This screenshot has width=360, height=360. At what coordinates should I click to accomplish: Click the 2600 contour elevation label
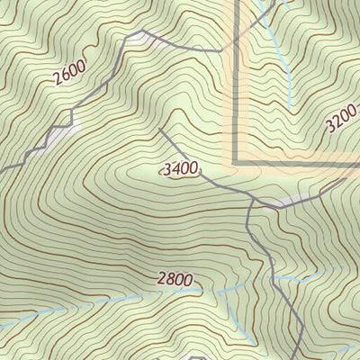(69, 72)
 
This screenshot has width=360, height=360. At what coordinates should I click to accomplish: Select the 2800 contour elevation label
(175, 280)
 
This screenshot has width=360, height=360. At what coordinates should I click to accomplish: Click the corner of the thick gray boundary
(236, 164)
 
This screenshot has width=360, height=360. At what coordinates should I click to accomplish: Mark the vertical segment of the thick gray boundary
(237, 90)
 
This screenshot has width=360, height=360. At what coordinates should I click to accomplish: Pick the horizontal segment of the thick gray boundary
(297, 165)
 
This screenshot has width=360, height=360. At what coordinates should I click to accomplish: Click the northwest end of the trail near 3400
(160, 129)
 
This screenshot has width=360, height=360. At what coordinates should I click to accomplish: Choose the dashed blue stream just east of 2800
(216, 290)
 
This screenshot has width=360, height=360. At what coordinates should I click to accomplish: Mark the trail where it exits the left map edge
(2, 162)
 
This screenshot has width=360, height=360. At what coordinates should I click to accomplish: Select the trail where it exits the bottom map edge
(298, 358)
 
